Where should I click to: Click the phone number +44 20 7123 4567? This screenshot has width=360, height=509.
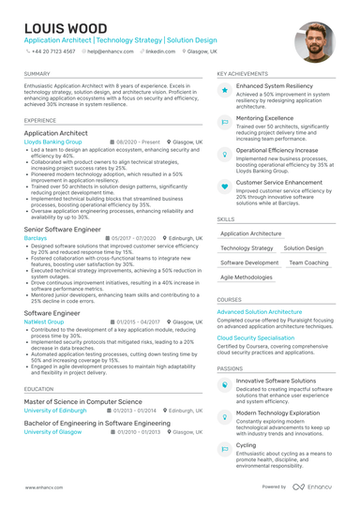[x=55, y=52]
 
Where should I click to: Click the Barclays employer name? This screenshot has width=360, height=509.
[x=35, y=238]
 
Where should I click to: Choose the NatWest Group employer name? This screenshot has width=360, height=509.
[x=44, y=321]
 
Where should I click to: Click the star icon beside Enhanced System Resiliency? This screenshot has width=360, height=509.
[x=225, y=89]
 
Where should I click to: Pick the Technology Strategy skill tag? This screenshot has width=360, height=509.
[x=247, y=248]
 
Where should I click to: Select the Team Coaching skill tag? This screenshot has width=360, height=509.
[x=281, y=262]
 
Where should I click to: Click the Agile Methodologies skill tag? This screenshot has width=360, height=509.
[x=247, y=277]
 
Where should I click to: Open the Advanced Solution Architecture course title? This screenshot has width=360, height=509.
[x=260, y=311]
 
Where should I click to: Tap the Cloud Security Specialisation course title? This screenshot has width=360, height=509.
[x=256, y=337]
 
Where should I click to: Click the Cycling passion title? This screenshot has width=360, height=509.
[x=246, y=445]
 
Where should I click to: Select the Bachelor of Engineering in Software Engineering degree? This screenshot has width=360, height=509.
[x=97, y=423]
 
